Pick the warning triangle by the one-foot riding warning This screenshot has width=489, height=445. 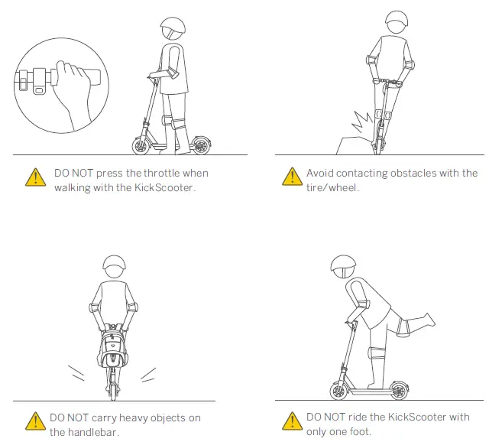[x=290, y=422]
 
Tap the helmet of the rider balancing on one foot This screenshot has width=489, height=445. [x=343, y=267]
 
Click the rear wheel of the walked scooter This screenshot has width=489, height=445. [x=200, y=145]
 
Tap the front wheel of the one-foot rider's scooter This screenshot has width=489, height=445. [x=341, y=390]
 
